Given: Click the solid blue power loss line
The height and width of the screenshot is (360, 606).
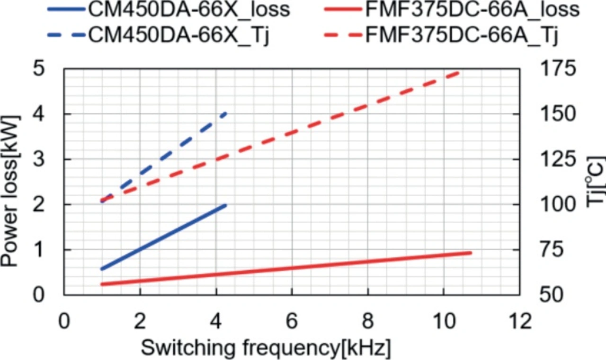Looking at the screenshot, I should pyautogui.click(x=163, y=237).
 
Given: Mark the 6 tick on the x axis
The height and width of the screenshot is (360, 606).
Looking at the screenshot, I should pyautogui.click(x=292, y=323).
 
